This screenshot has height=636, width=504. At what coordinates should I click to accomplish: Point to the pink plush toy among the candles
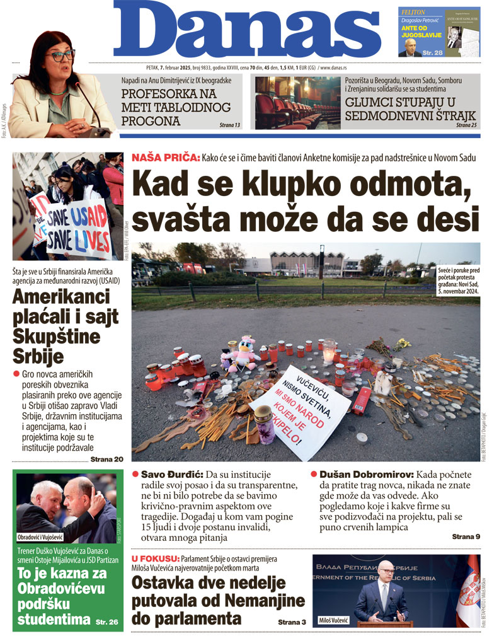243,353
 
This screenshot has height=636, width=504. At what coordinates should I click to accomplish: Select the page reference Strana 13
230,125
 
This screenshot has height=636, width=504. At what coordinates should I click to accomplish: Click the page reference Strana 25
467,125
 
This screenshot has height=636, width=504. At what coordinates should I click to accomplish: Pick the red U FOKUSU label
155,559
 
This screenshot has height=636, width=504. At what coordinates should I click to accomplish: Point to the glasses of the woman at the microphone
60,55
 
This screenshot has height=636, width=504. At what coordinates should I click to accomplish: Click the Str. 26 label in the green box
107,622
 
